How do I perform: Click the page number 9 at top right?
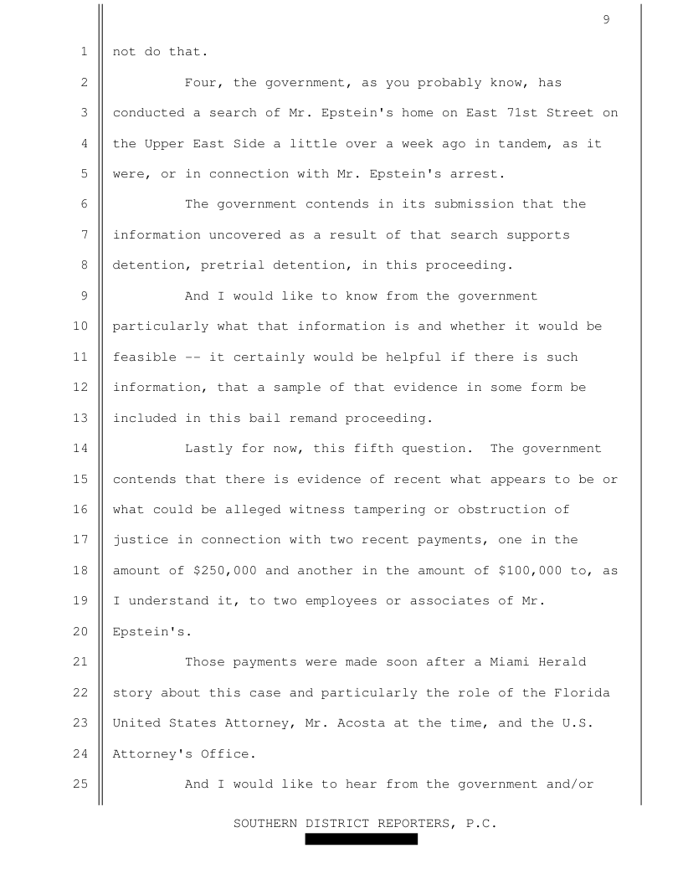pos(605,20)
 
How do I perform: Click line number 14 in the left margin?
pos(85,449)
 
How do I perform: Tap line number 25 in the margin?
pos(85,784)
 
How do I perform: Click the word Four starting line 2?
pos(201,83)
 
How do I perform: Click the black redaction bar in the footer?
pos(361,839)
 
